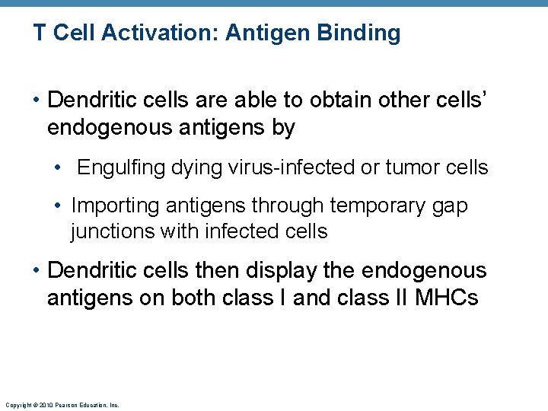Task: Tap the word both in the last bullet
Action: pyautogui.click(x=194, y=298)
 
